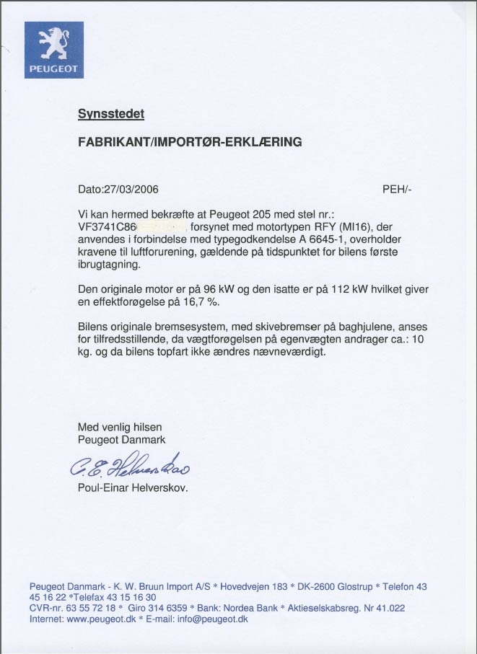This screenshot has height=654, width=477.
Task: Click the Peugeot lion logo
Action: (54, 49)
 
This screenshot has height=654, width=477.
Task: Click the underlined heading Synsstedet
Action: (110, 114)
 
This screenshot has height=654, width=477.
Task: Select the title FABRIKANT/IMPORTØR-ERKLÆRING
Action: (190, 142)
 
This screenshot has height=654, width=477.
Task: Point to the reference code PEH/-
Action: (398, 190)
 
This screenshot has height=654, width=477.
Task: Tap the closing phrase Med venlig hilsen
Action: (119, 428)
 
